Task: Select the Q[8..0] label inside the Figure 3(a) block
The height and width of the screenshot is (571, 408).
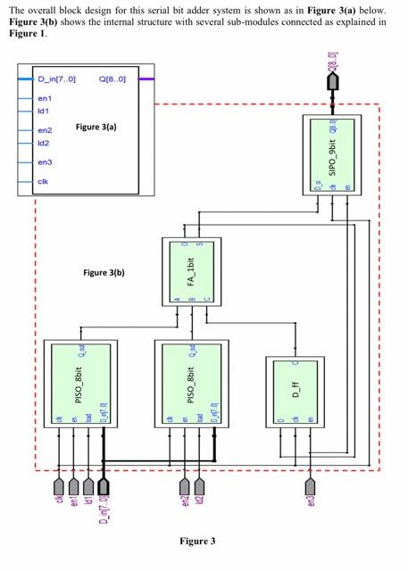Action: (114, 79)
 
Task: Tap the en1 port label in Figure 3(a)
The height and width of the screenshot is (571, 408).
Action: (45, 98)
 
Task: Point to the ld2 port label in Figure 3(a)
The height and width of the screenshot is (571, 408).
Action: (43, 143)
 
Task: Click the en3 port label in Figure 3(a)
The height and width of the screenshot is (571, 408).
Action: (45, 162)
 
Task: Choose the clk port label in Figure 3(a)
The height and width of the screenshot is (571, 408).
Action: (43, 182)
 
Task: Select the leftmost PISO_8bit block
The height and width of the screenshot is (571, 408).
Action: (80, 385)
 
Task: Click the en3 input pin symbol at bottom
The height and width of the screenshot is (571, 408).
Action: (310, 485)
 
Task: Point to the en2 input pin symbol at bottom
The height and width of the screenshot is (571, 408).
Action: (185, 485)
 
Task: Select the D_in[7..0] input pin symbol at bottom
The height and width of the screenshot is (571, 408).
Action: (104, 485)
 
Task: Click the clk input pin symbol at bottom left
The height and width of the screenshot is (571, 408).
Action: (59, 485)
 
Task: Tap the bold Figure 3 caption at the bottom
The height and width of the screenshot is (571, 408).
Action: (197, 541)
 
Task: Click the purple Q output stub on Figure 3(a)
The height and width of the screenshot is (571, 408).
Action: (147, 79)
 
